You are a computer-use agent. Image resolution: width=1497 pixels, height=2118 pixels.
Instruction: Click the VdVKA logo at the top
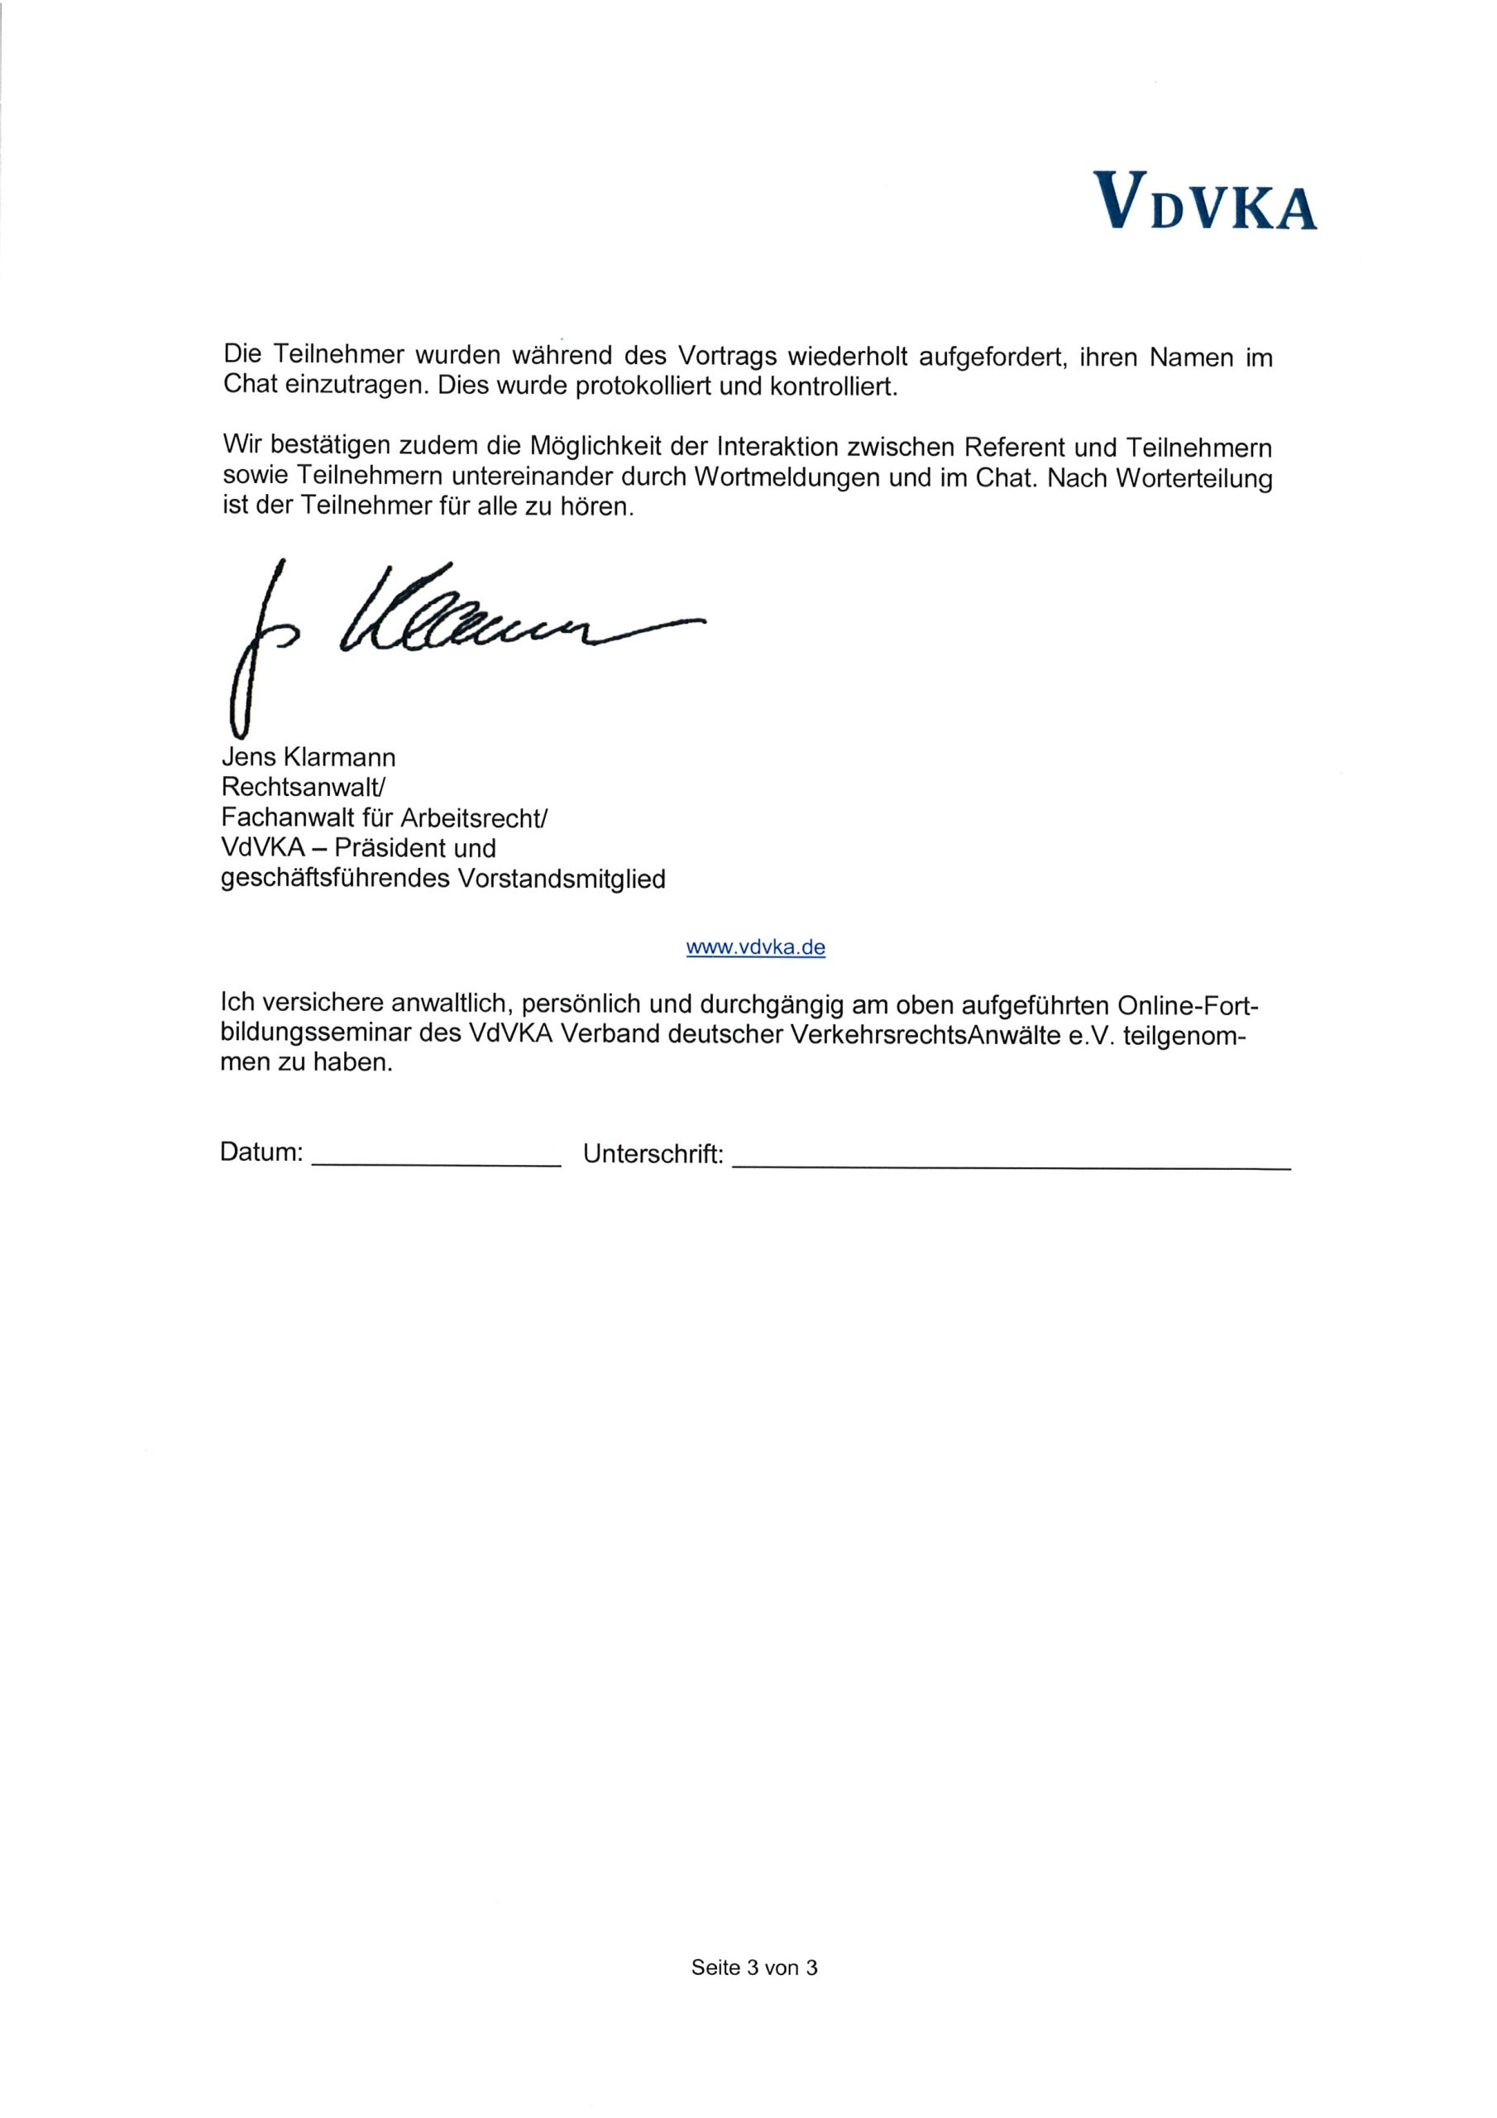1204,200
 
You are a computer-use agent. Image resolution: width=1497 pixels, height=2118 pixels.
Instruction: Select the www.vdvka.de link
755,947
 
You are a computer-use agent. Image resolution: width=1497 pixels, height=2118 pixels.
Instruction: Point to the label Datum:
261,1152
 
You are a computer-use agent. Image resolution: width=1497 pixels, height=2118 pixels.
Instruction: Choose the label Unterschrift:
653,1154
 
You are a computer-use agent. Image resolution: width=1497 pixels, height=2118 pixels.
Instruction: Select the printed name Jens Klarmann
308,759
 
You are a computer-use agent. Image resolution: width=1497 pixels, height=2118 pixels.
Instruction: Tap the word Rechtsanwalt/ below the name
303,788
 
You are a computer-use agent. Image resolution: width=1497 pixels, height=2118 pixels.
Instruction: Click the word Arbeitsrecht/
474,818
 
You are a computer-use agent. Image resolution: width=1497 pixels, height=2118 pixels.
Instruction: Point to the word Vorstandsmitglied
562,879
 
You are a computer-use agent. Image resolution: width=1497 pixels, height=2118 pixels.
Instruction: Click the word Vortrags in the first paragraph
727,356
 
